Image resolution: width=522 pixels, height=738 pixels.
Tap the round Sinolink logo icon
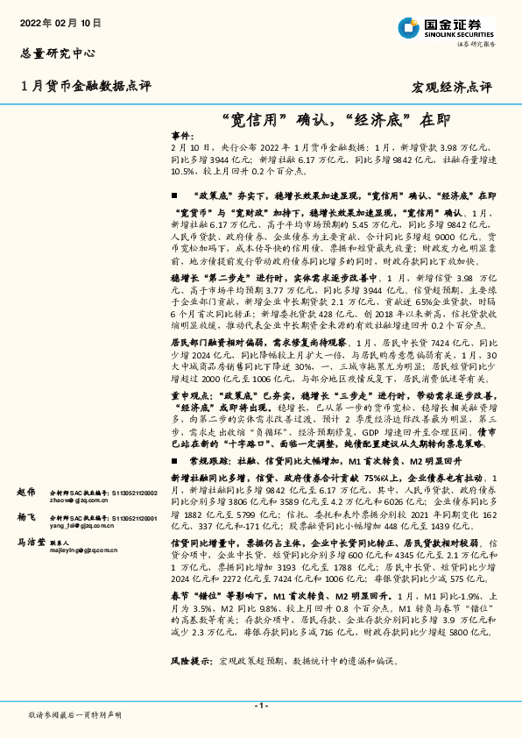click(408, 29)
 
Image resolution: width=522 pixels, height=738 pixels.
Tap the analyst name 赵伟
click(25, 493)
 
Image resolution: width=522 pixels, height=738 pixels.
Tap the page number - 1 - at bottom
click(260, 705)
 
